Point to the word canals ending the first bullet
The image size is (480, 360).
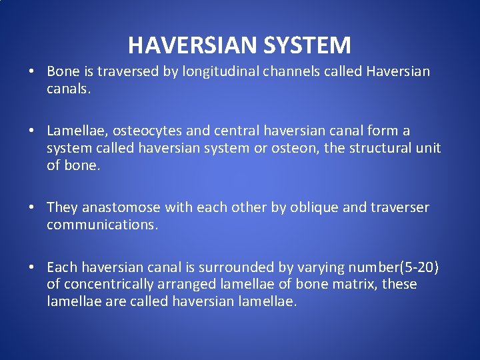tap(67, 89)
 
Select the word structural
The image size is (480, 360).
tap(382, 148)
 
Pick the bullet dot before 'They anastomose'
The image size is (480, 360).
tap(32, 208)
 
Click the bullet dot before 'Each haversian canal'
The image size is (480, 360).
tap(32, 268)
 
